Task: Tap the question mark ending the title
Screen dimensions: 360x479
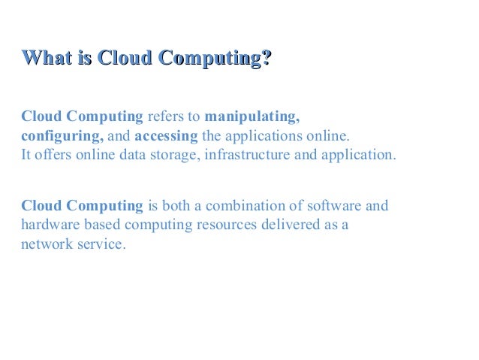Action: [265, 58]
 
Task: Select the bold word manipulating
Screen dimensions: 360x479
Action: [252, 117]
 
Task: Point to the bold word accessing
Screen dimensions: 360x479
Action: [166, 137]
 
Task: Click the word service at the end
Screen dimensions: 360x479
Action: [99, 245]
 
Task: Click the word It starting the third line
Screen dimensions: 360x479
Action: [27, 156]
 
